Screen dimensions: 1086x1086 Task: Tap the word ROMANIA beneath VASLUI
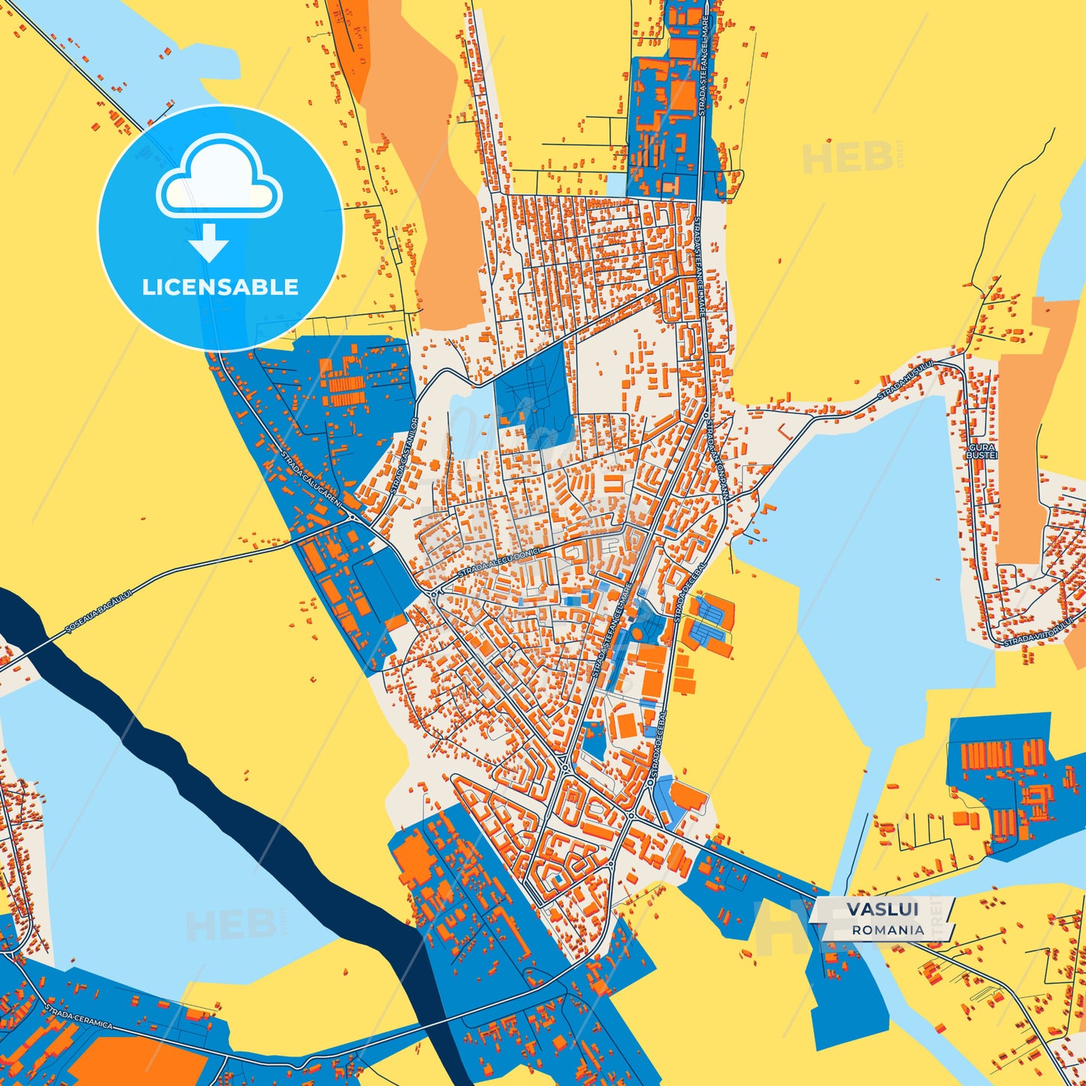[888, 930]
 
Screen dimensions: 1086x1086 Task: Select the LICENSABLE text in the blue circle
[220, 287]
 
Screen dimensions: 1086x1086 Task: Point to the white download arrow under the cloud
[209, 243]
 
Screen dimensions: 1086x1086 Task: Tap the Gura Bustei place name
[982, 451]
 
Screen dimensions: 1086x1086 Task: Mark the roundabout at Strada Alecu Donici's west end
[434, 594]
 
